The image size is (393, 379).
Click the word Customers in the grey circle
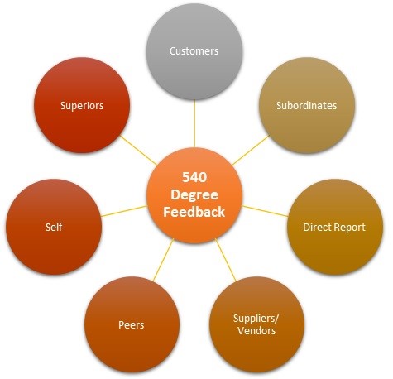point(194,51)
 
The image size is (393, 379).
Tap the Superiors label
point(82,106)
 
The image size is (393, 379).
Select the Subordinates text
point(306,105)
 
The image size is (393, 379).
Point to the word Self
point(54,227)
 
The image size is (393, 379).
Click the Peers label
point(132,324)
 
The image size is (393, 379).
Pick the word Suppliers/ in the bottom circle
point(256,319)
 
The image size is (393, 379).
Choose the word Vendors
point(256,330)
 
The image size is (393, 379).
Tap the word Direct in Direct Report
point(317,227)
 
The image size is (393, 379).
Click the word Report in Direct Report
point(349,228)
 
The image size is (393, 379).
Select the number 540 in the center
point(194,177)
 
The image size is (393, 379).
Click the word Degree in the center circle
point(194,195)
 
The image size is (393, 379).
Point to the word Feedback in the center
point(194,212)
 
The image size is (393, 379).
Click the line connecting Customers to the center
point(194,123)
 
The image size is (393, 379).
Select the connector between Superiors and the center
point(138,150)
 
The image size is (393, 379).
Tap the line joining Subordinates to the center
point(251,150)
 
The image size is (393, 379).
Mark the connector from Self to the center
point(124,211)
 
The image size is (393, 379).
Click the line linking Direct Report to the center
point(265,211)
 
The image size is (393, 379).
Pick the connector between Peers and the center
point(164,260)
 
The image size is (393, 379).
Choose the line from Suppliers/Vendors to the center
point(226,260)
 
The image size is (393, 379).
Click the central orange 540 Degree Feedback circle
point(194,195)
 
